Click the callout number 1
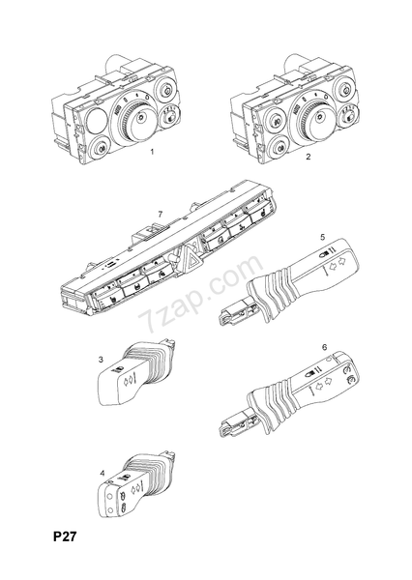pos(152,152)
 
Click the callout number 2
pos(309,157)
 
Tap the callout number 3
pos(101,360)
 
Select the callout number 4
pos(103,473)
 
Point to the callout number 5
pos(323,237)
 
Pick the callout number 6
pos(325,347)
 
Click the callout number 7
pos(160,215)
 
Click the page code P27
pos(65,536)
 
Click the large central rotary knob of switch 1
pos(135,117)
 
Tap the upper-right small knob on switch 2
pos(345,89)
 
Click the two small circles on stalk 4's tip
pos(109,504)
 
